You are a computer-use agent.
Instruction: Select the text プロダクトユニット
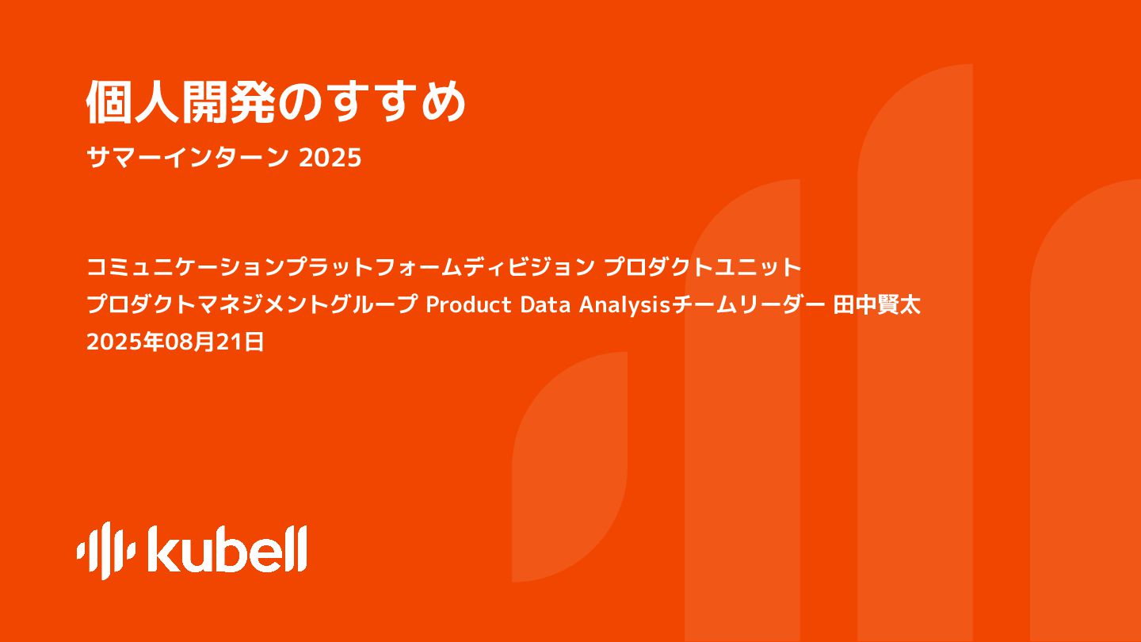coord(704,267)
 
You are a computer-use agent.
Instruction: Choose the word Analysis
coord(625,305)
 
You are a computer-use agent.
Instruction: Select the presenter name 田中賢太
coord(877,305)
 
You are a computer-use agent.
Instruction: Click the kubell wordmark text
coord(227,549)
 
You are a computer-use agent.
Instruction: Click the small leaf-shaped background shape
coord(569,468)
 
